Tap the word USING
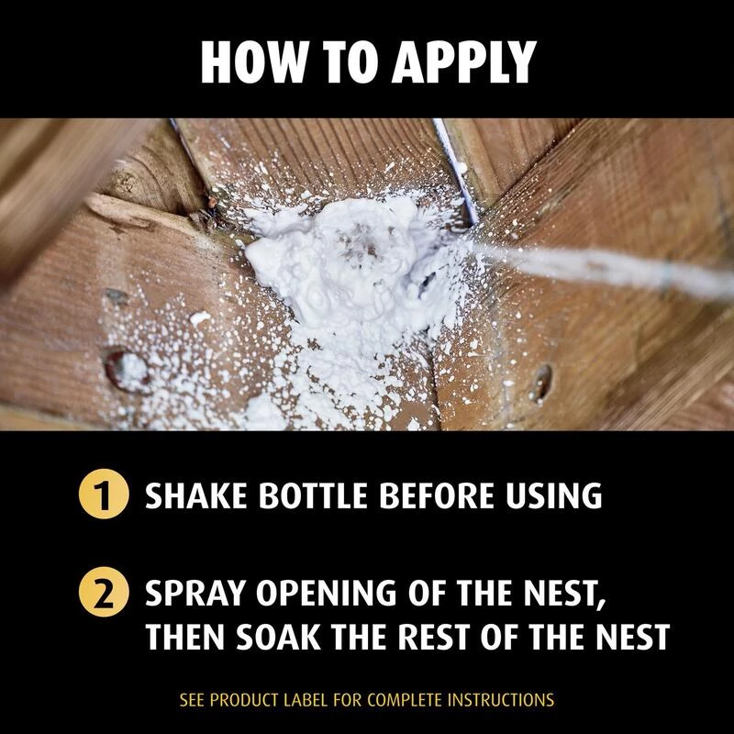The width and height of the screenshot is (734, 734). pyautogui.click(x=556, y=496)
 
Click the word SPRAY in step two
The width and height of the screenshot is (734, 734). pyautogui.click(x=195, y=595)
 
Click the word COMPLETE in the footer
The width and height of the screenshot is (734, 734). pyautogui.click(x=400, y=700)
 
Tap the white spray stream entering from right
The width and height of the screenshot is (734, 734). pyautogui.click(x=624, y=266)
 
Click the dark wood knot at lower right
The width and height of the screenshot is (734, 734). pyautogui.click(x=543, y=383)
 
